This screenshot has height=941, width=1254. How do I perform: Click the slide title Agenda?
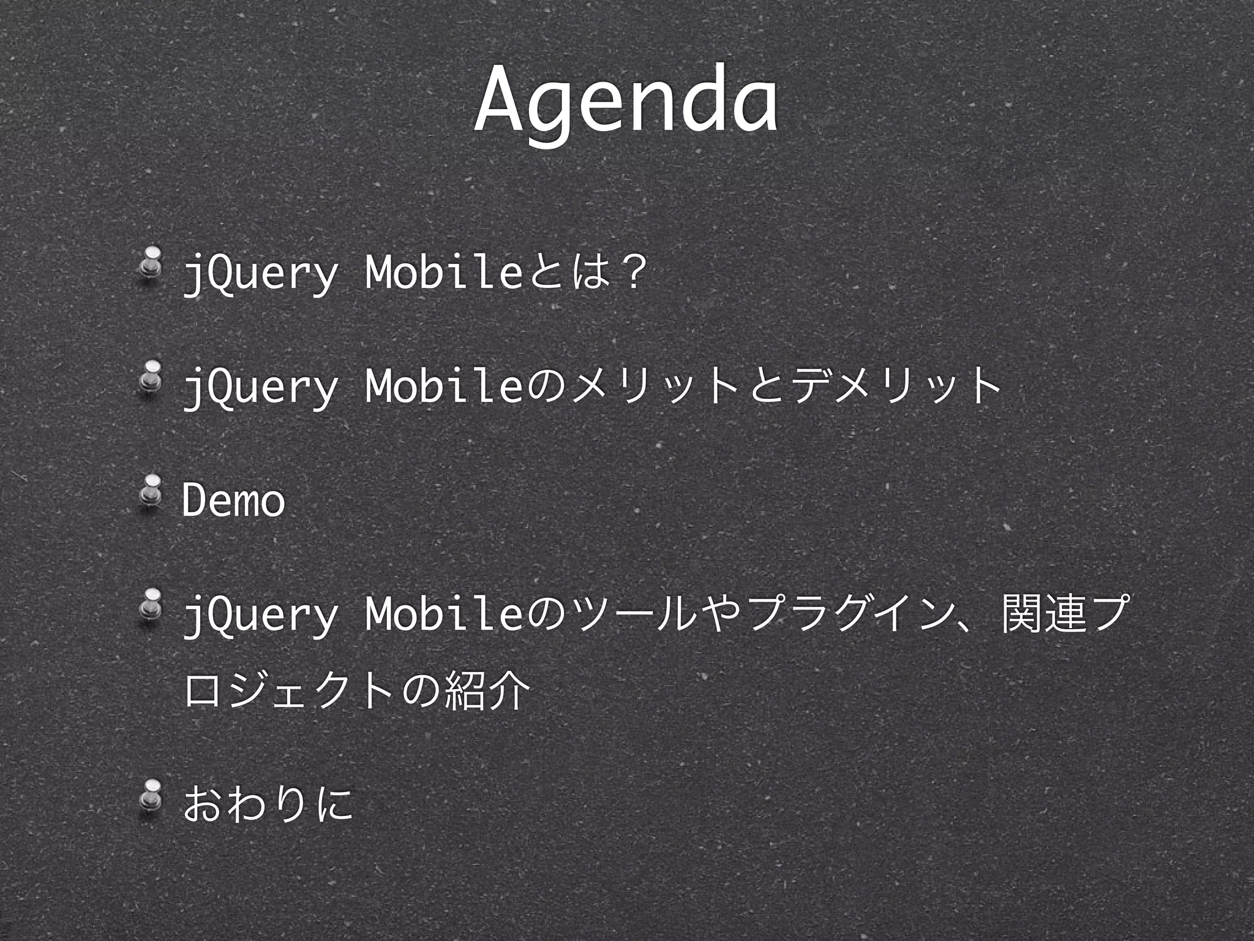(626, 101)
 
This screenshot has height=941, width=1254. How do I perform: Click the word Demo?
(233, 500)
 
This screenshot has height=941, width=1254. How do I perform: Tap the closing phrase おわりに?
(268, 804)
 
